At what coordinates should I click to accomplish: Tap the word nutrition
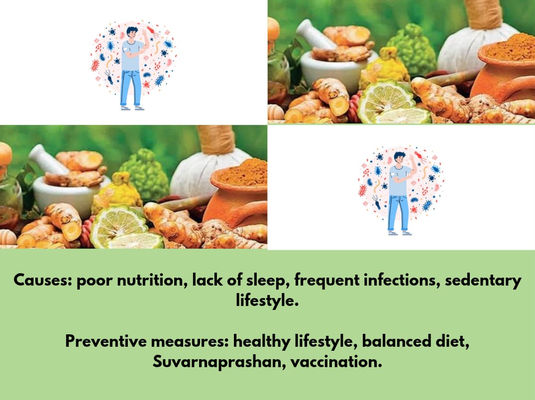145,281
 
